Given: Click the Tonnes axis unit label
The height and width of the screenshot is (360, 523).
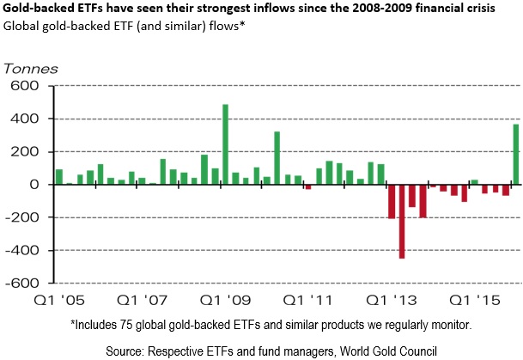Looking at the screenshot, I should (31, 67).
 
